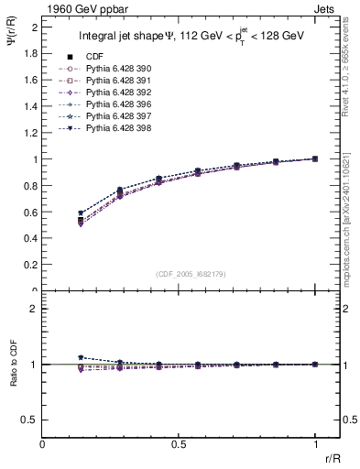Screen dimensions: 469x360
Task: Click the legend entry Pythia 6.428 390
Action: click(112, 70)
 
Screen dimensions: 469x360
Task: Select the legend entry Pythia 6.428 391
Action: click(112, 82)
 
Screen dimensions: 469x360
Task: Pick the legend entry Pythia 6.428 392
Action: click(112, 93)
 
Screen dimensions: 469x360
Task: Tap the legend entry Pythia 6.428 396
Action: click(112, 105)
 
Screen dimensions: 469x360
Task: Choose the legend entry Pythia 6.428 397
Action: click(112, 117)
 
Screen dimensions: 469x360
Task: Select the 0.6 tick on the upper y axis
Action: click(32, 212)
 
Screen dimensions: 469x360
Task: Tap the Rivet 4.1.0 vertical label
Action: click(351, 60)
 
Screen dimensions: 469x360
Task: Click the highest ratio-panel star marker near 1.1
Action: click(81, 357)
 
